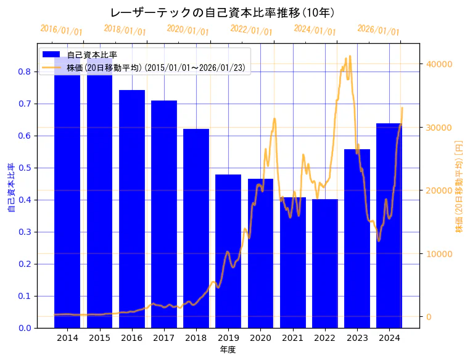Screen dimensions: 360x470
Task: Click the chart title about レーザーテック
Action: pos(223,13)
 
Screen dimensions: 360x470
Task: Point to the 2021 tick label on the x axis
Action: pos(292,337)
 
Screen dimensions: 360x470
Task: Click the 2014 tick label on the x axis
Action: pos(67,337)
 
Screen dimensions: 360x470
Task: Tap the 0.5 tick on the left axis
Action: pos(25,168)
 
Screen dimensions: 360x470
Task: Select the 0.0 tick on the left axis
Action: pos(25,328)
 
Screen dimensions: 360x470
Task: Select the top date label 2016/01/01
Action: pos(61,30)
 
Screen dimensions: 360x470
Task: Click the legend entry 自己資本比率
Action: pos(92,55)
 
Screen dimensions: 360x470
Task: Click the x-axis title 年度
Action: pos(228,350)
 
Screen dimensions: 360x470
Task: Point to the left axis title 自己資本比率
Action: pos(11,187)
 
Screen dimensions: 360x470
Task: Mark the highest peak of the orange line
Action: pos(350,56)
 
